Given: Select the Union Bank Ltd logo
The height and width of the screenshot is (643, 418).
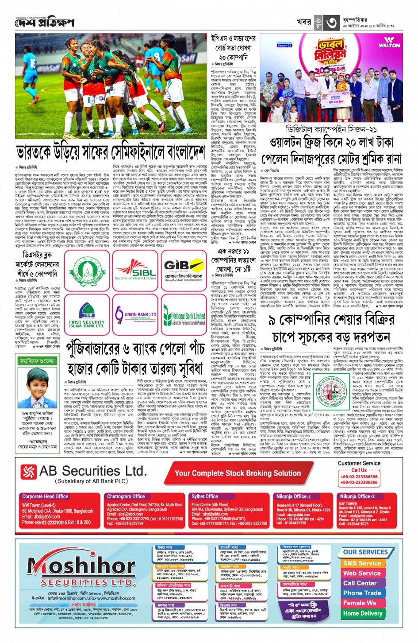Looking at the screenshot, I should pos(135,315).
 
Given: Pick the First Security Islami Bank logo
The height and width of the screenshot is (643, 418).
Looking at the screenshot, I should pos(87,315).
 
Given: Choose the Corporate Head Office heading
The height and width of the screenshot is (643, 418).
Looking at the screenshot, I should pos(45,496).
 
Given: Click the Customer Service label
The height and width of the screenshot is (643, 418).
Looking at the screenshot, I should pos(359,463).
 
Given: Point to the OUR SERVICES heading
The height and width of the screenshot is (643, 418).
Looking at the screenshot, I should pos(365,552).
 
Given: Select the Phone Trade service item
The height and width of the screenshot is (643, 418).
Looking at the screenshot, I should pos(362,593).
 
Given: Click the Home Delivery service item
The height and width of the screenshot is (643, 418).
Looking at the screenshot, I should pos(362,613).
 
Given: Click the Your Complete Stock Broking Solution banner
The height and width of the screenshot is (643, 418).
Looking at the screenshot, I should pos(238,473).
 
